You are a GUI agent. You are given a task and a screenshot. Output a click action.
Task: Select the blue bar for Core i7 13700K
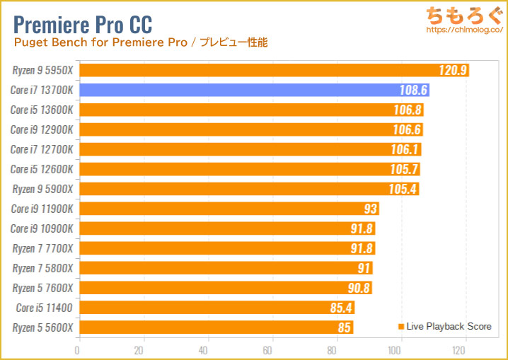(253, 90)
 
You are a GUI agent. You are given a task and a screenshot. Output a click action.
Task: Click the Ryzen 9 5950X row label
(43, 70)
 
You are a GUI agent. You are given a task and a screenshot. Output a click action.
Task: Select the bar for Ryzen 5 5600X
(215, 327)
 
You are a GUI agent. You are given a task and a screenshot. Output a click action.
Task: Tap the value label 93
(369, 209)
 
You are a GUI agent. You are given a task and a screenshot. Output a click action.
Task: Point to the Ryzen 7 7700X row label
(43, 248)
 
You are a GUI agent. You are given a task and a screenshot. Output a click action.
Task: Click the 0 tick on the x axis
(78, 350)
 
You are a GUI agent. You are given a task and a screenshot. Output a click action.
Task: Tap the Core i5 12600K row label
(43, 169)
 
